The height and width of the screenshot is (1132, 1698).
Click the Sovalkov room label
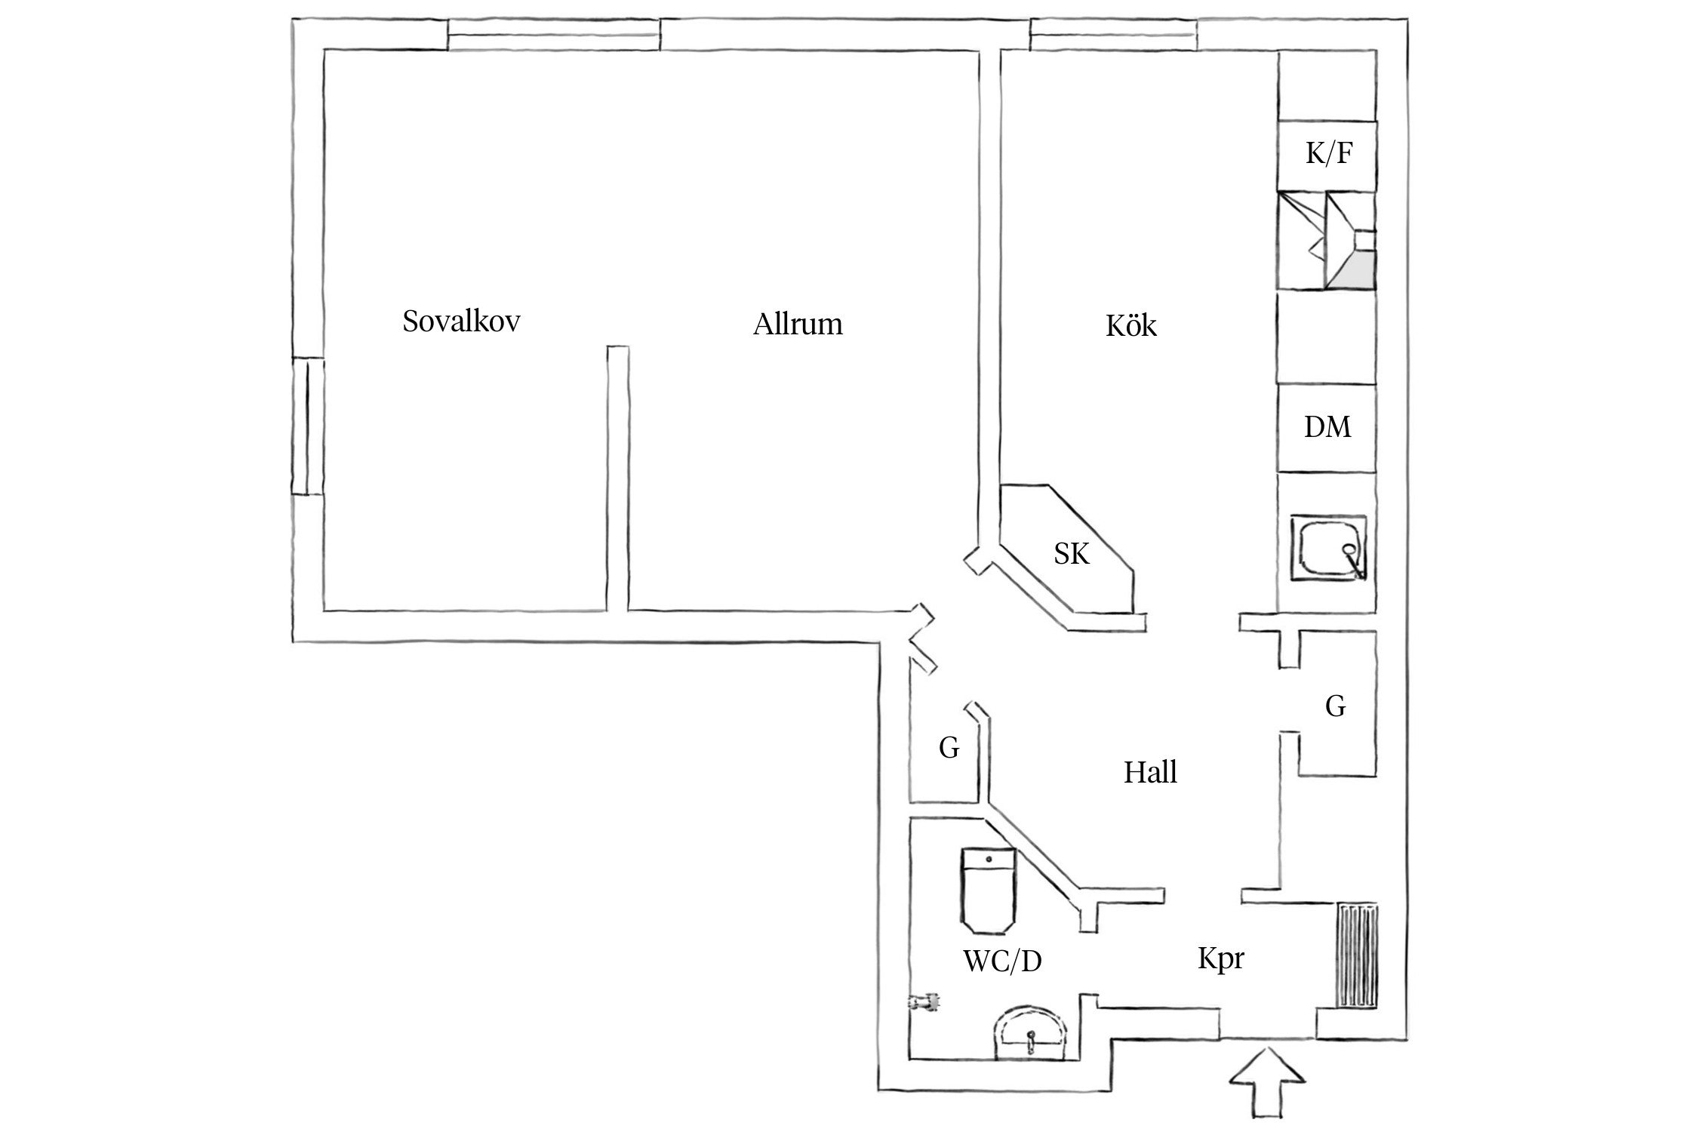point(461,322)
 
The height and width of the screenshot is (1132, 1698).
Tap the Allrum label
point(798,325)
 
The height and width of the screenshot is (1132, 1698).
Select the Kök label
point(1130,326)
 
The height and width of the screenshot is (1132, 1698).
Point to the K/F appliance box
point(1327,155)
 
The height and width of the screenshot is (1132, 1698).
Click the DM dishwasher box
point(1327,429)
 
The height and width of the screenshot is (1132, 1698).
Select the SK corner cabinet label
point(1072,554)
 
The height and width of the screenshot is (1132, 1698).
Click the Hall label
point(1150,773)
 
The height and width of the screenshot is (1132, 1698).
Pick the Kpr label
point(1220,959)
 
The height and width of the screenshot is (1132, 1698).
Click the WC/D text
point(1002,961)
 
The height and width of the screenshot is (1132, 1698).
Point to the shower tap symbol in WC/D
point(924,1001)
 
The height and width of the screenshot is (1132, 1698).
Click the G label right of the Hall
point(1335,706)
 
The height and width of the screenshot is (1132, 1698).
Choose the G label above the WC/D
point(949,748)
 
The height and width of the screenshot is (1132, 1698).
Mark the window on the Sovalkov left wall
point(309,426)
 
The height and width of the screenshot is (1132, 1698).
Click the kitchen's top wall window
point(1113,35)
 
